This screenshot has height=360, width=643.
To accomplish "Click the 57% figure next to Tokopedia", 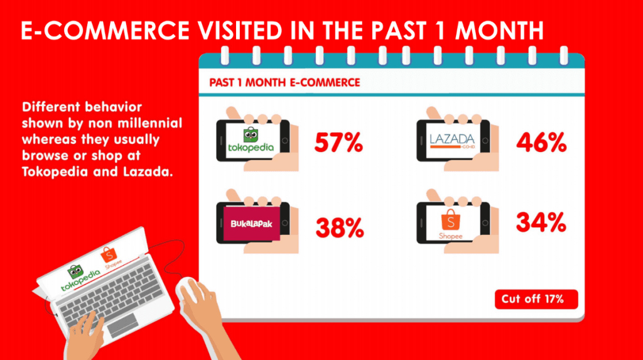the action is click(338, 143).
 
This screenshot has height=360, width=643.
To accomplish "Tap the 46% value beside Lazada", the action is click(541, 143).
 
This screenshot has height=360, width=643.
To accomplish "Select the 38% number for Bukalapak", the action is click(340, 228).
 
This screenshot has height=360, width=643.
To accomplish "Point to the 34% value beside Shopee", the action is click(541, 222).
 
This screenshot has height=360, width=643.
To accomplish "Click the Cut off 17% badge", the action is click(536, 299).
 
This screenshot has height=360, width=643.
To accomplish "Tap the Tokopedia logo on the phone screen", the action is click(251, 140).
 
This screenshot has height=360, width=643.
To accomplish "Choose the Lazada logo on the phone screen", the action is click(452, 141).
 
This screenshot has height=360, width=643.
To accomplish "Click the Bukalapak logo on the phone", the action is click(251, 224).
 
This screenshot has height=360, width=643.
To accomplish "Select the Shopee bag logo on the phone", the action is click(451, 224).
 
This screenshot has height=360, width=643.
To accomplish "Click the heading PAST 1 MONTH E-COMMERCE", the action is click(284, 82).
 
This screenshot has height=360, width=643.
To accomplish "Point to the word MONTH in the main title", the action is click(499, 30).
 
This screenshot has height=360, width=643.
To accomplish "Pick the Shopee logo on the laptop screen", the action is click(111, 258).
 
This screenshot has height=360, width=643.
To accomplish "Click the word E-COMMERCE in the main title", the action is click(105, 30).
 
